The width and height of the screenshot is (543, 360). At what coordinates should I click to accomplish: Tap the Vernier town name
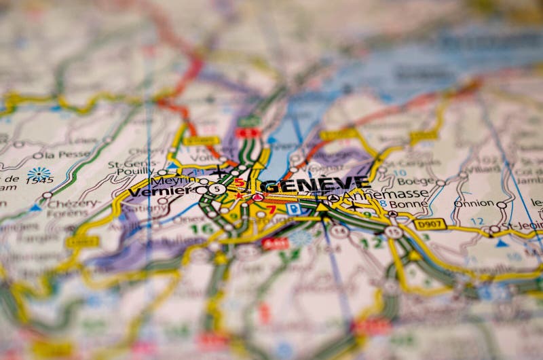pos(160,192)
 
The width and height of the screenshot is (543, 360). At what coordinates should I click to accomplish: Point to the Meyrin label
pos(167,181)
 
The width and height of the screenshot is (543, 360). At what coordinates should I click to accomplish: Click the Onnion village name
pos(474,203)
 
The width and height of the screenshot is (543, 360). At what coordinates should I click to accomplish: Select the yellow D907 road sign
pos(430,223)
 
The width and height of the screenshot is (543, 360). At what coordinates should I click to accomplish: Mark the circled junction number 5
pos(217,189)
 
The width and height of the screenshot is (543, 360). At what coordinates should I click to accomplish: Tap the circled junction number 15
pos(393,232)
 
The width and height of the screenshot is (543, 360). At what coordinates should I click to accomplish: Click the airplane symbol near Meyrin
pos(217,170)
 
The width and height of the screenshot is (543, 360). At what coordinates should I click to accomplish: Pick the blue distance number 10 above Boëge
pos(400,173)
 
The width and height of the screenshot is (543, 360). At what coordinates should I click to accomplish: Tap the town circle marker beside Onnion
pos(501,204)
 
